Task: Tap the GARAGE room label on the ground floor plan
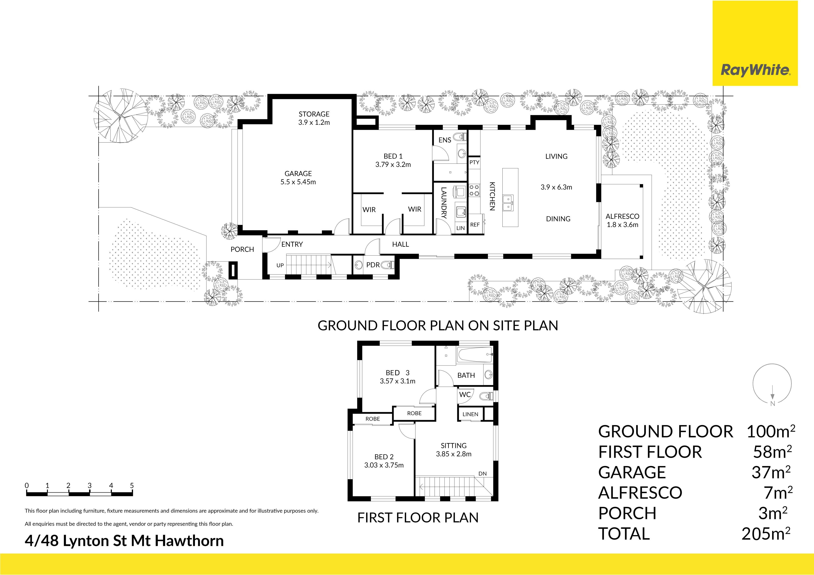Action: [x=298, y=174]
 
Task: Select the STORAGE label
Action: [x=314, y=114]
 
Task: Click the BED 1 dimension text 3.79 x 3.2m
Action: [x=393, y=164]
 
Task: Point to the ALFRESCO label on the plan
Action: [x=623, y=216]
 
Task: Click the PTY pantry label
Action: [x=474, y=162]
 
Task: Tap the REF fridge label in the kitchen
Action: [x=475, y=225]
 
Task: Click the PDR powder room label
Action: [x=373, y=265]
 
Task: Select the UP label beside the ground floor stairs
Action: [x=280, y=265]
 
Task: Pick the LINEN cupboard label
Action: [x=470, y=414]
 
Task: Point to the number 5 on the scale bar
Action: [x=132, y=485]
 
